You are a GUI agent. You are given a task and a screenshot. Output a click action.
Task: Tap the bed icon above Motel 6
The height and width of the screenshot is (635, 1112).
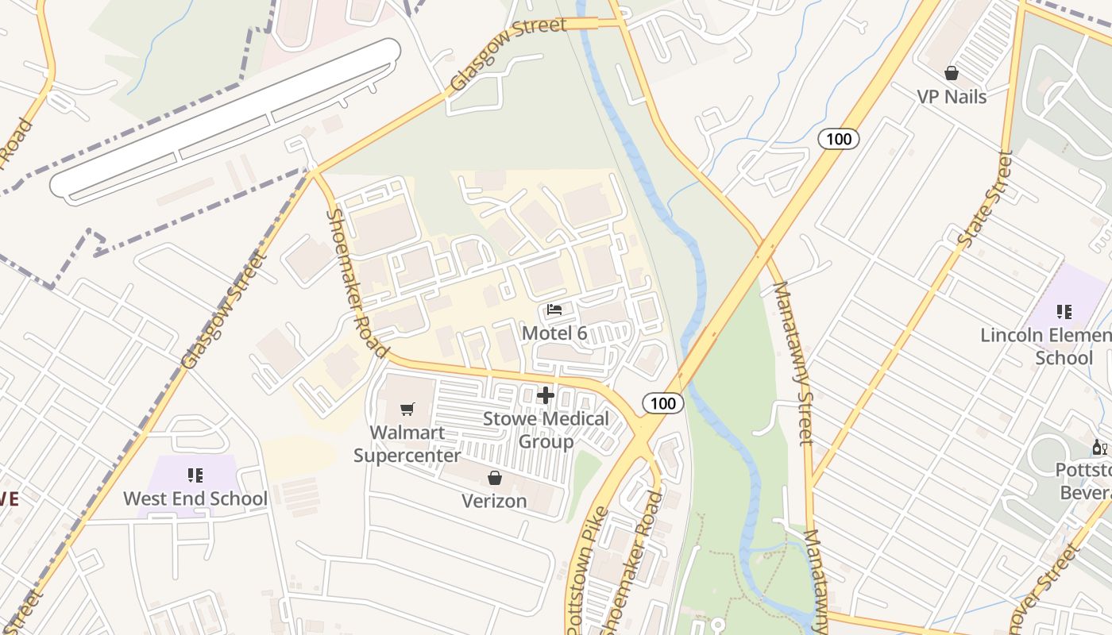point(554,310)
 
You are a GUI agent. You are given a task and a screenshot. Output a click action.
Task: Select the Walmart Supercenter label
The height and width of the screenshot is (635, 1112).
point(407,444)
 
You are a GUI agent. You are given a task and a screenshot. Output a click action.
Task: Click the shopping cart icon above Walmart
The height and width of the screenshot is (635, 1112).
point(407,410)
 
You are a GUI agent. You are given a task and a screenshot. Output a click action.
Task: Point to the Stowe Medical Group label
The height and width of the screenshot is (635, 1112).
point(546,429)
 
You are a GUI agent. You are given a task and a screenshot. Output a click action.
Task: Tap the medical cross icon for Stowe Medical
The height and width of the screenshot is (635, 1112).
point(546,394)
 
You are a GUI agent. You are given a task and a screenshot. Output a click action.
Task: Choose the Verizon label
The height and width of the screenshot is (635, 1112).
point(495,501)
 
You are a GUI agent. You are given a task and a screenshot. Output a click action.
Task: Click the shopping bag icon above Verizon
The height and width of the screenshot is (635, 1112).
point(495,478)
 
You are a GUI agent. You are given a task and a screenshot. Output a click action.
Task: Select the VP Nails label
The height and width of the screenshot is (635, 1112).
point(952,97)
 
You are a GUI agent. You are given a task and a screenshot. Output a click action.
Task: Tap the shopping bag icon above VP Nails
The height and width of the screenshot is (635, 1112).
point(952,73)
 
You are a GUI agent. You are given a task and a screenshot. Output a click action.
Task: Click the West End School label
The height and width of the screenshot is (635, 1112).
point(195,498)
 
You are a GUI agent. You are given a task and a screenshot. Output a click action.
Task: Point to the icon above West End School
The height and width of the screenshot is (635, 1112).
point(195,475)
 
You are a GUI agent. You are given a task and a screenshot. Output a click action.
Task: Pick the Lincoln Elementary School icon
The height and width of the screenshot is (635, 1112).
point(1064,312)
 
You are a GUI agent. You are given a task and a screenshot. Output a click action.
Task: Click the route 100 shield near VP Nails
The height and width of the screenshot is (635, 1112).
point(838,140)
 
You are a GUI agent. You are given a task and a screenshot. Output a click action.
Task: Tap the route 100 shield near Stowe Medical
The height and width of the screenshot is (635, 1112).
point(662,403)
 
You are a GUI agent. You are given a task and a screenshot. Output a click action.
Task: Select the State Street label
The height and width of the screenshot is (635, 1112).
point(985,198)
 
